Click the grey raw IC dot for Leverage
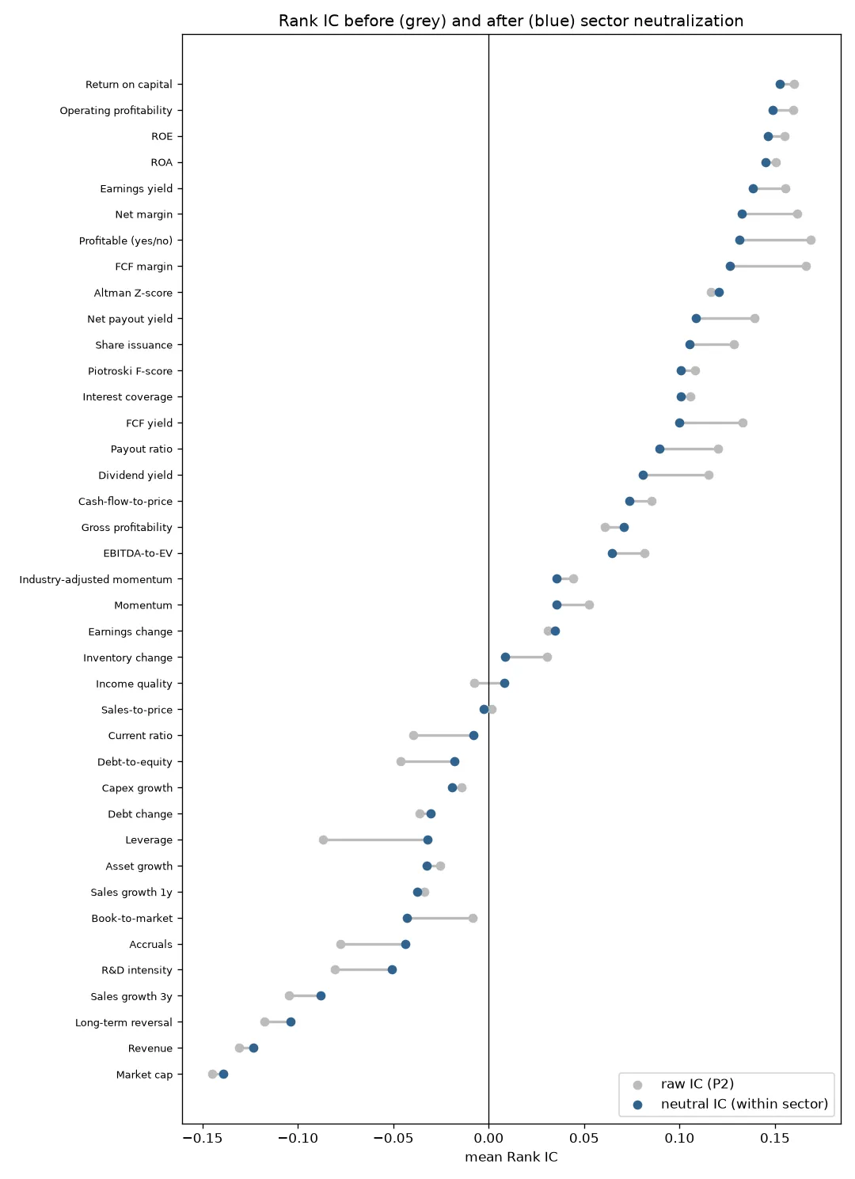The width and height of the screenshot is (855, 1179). (323, 840)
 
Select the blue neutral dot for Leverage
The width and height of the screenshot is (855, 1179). (428, 840)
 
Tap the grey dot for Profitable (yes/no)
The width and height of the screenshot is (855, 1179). (811, 241)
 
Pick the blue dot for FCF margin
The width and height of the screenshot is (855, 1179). (730, 267)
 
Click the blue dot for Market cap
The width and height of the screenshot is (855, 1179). (224, 1075)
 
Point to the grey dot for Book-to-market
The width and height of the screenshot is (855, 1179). (473, 919)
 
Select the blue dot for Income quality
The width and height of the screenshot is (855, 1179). (505, 684)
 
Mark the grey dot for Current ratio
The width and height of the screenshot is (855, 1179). (414, 736)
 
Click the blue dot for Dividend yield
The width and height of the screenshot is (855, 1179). (644, 476)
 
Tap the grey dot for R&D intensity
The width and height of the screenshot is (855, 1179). (336, 970)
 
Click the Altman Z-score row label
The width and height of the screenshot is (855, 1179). (133, 294)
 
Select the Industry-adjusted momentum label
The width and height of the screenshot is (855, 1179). (96, 579)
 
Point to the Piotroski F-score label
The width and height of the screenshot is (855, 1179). (130, 371)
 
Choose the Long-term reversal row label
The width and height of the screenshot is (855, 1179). (123, 1022)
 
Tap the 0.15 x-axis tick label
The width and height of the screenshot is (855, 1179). (775, 1139)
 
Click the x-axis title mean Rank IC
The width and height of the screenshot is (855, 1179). (511, 1157)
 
